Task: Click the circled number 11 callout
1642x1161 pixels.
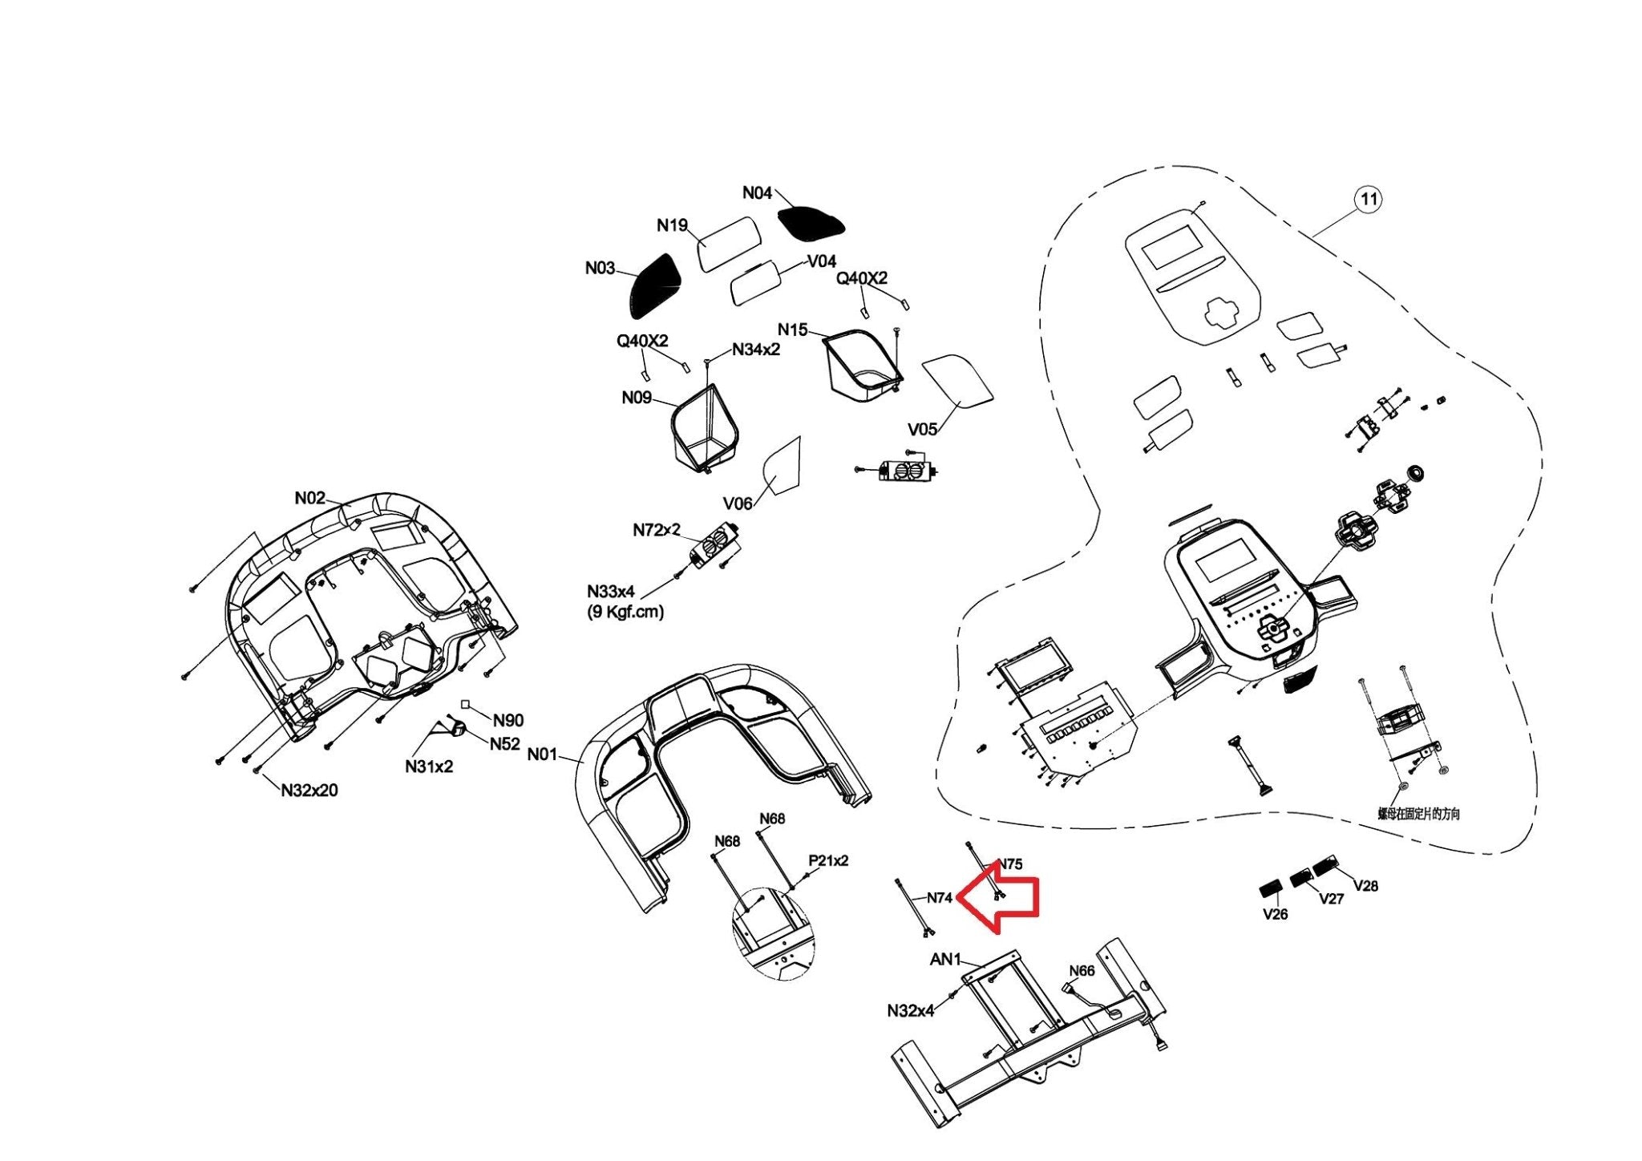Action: pyautogui.click(x=1369, y=199)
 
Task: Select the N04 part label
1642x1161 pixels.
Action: pyautogui.click(x=757, y=192)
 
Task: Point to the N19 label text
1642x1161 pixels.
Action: pyautogui.click(x=672, y=225)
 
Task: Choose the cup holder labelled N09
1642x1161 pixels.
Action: pyautogui.click(x=703, y=429)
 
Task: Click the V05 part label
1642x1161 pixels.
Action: pyautogui.click(x=922, y=429)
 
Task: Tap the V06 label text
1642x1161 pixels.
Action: pyautogui.click(x=738, y=504)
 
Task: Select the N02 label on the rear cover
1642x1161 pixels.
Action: pyautogui.click(x=310, y=498)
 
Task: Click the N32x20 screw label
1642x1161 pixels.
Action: pyautogui.click(x=309, y=791)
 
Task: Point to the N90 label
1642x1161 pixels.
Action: pyautogui.click(x=508, y=721)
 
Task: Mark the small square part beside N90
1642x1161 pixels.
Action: pyautogui.click(x=465, y=705)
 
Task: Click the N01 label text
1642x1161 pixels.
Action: pyautogui.click(x=542, y=754)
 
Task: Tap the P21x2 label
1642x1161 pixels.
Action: pyautogui.click(x=828, y=860)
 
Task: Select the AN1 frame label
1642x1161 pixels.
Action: pyautogui.click(x=945, y=959)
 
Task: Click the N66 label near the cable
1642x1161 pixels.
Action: pyautogui.click(x=1082, y=971)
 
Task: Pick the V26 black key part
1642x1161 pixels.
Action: pyautogui.click(x=1269, y=890)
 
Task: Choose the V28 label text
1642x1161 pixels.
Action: pyautogui.click(x=1365, y=886)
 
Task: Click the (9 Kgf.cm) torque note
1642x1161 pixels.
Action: pyautogui.click(x=625, y=612)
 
